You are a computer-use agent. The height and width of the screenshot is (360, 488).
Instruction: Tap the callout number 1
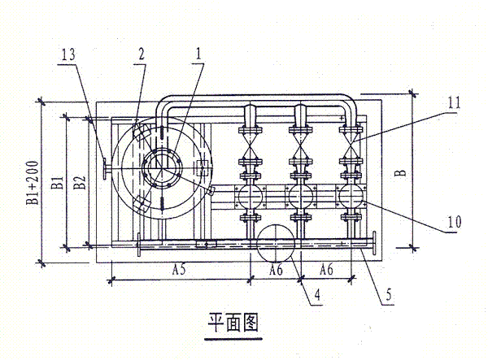pyautogui.click(x=193, y=54)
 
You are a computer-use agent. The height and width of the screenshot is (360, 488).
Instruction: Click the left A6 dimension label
pyautogui.click(x=278, y=268)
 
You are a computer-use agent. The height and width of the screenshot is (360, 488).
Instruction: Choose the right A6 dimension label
pyautogui.click(x=327, y=268)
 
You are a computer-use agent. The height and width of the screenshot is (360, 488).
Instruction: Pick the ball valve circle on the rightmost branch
pyautogui.click(x=352, y=196)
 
